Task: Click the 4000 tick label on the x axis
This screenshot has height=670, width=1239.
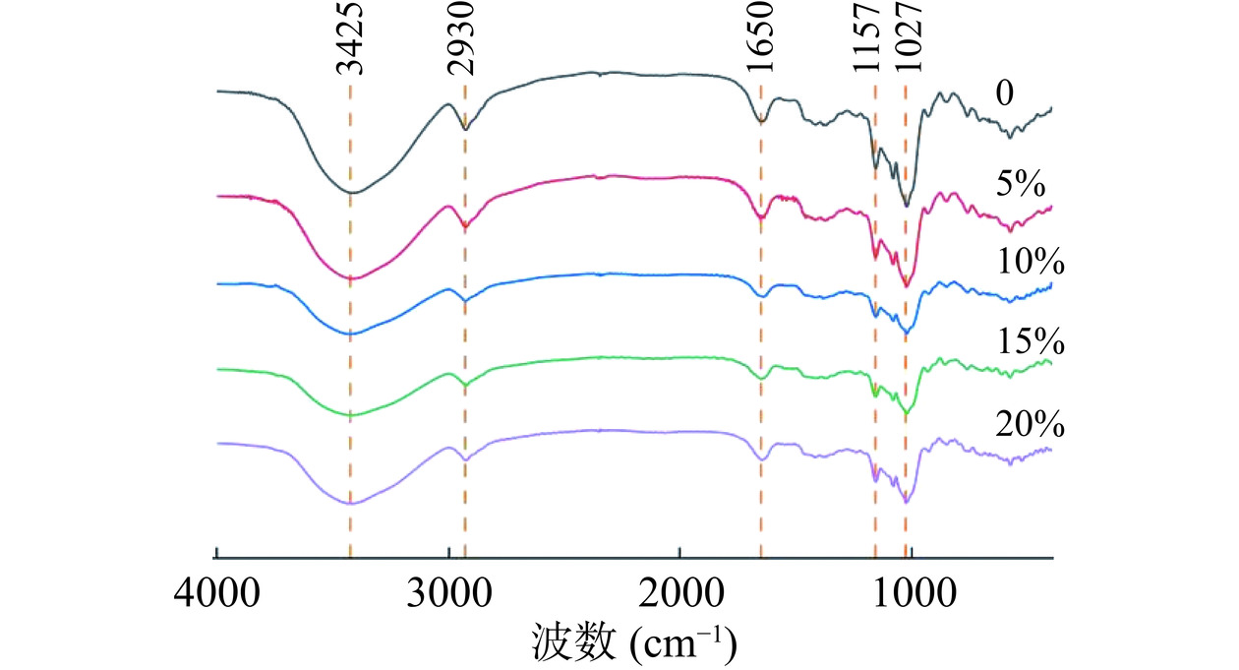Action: coord(216,596)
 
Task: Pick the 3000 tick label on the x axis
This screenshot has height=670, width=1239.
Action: coord(448,596)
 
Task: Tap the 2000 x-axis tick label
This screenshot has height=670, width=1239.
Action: coord(679,596)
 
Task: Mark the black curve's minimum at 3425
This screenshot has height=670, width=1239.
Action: coord(351,192)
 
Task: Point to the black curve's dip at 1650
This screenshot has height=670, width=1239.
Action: coord(761,122)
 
